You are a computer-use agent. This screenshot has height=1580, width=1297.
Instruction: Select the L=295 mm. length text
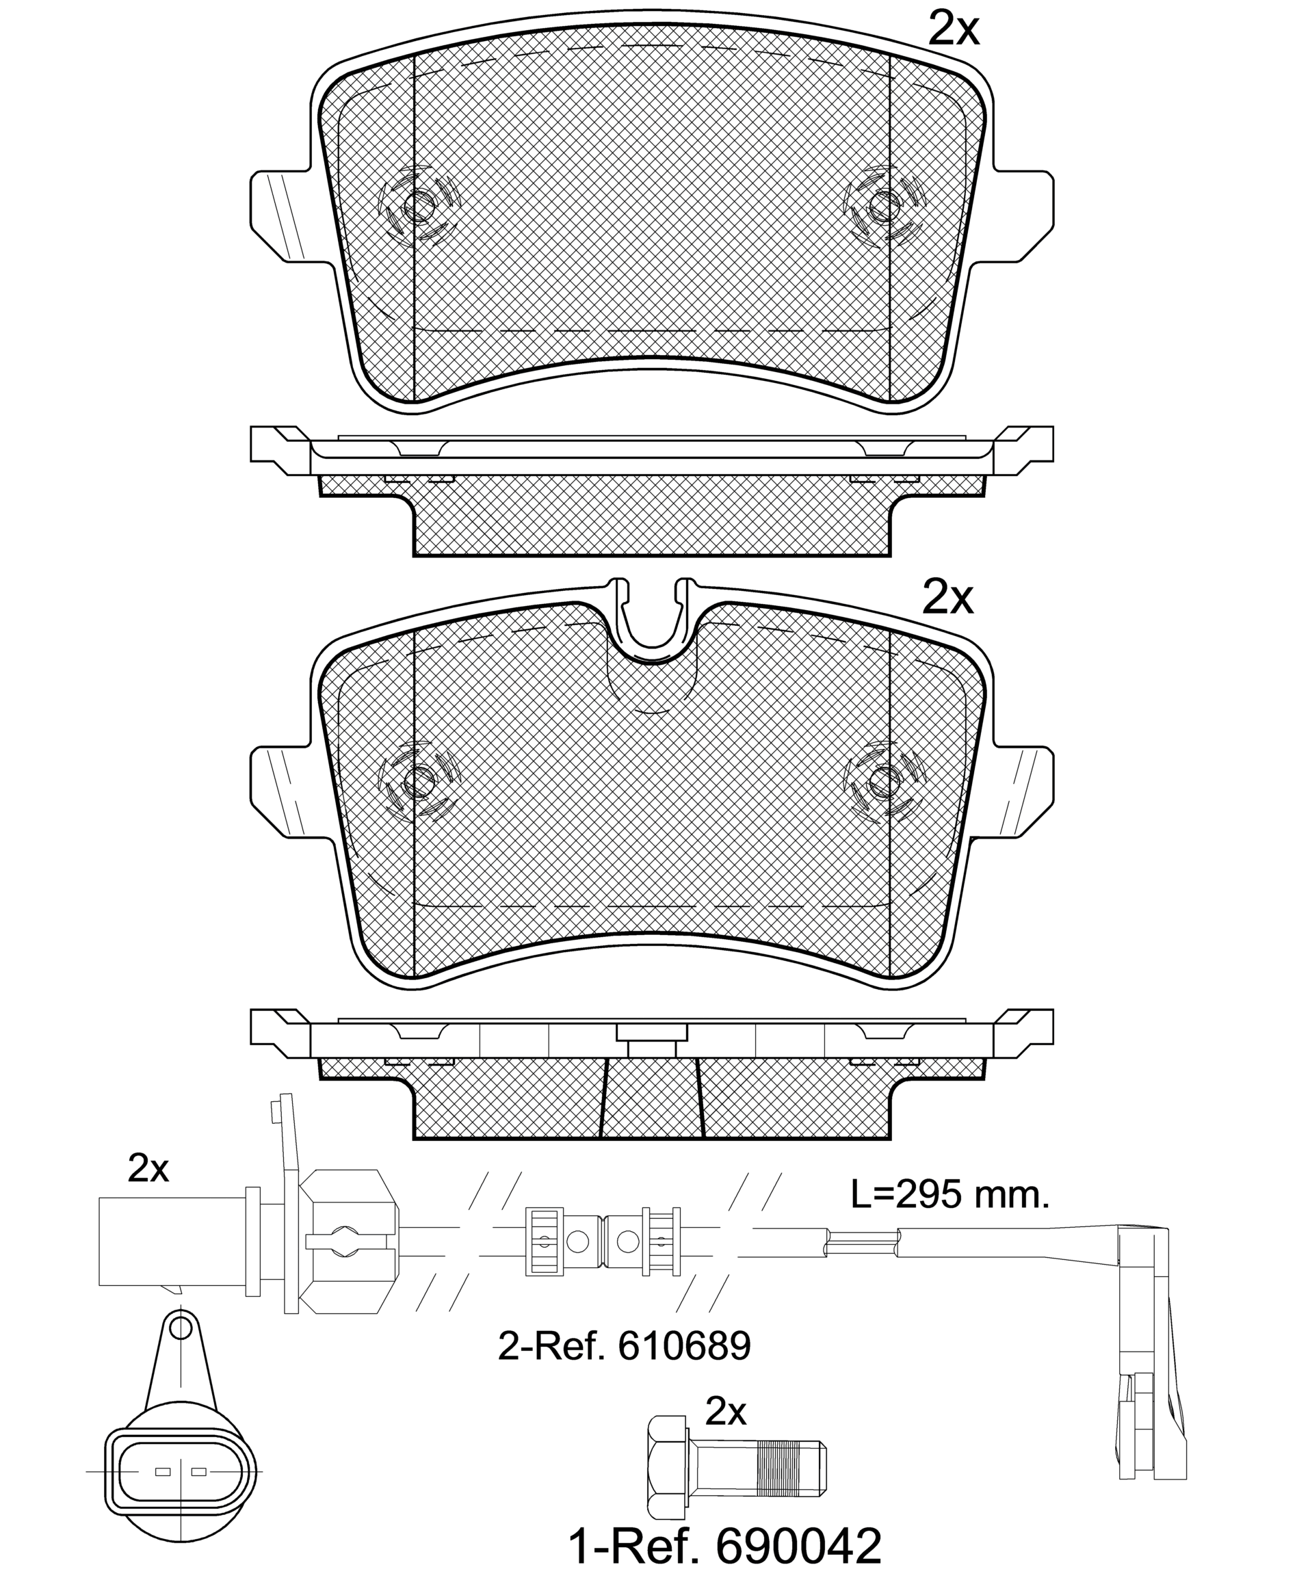coord(950,1196)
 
